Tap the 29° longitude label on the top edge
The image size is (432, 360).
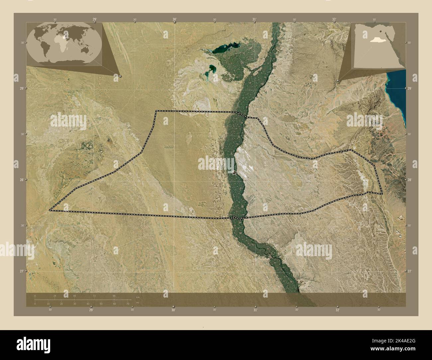95,20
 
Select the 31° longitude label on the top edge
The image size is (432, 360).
254,20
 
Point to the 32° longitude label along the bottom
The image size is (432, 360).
337,310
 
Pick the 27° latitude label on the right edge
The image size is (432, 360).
409,271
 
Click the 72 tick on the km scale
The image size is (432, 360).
95,296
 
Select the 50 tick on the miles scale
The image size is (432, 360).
101,304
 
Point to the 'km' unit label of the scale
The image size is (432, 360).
138,297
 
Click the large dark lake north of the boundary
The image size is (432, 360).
223,49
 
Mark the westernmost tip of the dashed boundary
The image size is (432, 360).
50,210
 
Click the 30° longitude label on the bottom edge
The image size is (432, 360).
173,310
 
